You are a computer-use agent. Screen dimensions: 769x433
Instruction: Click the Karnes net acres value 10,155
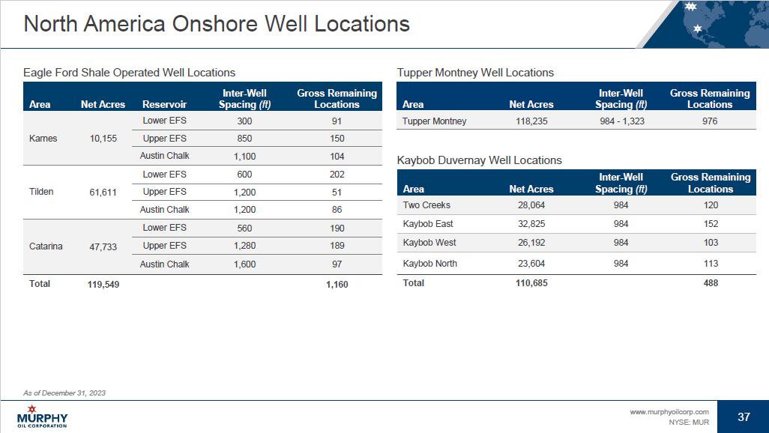103,139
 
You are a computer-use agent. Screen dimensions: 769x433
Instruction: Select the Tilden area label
41,192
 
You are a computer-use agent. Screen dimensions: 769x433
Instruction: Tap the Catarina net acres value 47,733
103,246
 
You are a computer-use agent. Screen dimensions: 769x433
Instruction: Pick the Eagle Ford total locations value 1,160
337,285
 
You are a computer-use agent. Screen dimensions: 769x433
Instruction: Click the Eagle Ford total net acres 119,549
103,285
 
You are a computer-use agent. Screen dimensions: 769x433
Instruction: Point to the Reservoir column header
164,104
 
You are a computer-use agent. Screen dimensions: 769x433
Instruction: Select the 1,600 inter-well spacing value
244,264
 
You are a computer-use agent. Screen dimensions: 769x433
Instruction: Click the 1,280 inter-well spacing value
244,246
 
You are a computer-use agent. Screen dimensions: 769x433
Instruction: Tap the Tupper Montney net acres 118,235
531,121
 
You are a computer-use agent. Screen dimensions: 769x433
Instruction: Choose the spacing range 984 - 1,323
622,121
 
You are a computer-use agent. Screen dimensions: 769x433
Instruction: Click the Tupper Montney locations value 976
710,121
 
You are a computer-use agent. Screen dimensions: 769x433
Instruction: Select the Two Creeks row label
426,205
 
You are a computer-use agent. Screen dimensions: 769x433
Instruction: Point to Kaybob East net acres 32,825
531,224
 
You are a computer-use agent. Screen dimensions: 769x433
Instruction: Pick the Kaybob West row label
429,243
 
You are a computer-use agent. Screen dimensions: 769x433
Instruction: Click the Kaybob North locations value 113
711,264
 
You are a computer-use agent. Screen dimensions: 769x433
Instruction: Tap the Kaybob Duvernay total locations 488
711,283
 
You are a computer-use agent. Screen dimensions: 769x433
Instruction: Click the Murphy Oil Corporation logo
42,417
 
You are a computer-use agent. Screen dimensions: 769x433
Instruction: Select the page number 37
744,417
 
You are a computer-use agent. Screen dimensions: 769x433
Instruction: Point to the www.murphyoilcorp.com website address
669,412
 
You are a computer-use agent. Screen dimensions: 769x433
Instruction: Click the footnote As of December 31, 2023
64,393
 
